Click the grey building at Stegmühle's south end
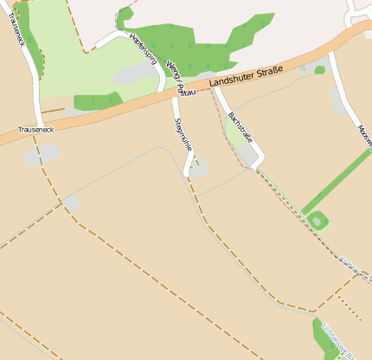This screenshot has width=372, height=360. click(198, 170)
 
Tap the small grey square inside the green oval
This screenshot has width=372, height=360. click(317, 222)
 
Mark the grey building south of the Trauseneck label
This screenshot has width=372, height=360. click(42, 155)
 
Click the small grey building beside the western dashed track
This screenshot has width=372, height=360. click(72, 202)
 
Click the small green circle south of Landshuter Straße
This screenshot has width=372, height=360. click(320, 70)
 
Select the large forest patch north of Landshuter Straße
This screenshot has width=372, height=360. click(199, 43)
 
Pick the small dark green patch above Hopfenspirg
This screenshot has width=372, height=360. click(125, 14)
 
